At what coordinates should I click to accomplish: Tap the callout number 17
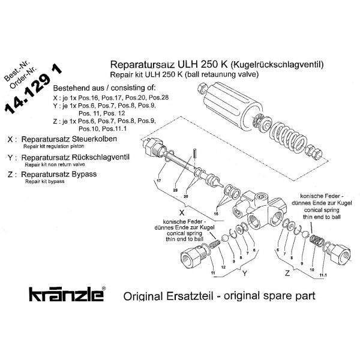[x=159, y=181]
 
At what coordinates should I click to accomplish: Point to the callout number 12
[x=223, y=266]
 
